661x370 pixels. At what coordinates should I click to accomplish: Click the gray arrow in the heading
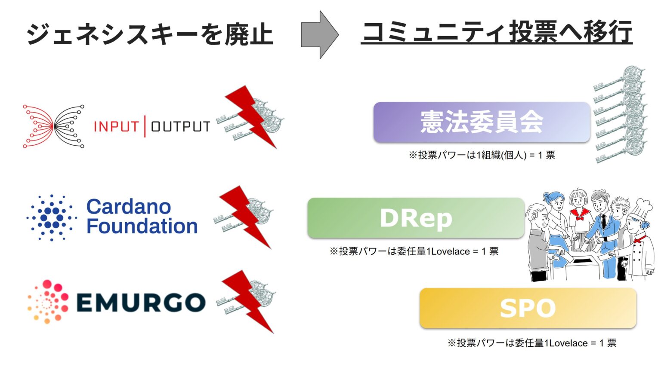(x=318, y=35)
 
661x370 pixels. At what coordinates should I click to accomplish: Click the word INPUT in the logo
(x=116, y=126)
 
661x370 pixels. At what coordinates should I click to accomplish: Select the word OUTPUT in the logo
(x=180, y=126)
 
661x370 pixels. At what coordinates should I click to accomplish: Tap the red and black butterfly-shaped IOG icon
(x=53, y=126)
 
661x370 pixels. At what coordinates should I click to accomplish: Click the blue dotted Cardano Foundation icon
(x=52, y=217)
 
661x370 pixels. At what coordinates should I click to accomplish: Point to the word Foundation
(x=142, y=226)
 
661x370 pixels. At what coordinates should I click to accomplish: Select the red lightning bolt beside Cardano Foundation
(x=245, y=217)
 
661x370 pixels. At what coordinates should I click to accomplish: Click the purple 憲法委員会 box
(x=481, y=122)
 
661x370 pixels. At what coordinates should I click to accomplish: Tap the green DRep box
(x=416, y=218)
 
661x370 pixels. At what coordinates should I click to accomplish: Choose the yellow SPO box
(x=528, y=308)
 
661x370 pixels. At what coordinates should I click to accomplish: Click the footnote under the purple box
(x=482, y=155)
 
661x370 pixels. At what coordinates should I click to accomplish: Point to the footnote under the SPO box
(x=531, y=343)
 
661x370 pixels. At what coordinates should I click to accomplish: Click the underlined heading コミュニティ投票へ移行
(x=497, y=32)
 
